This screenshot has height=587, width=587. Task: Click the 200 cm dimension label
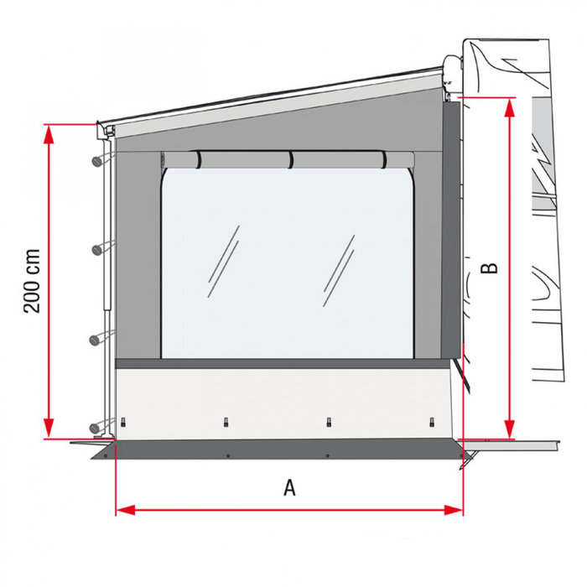pos(32,282)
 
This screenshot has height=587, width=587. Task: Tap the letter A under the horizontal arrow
pos(290,488)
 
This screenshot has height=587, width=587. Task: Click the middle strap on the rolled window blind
pos(291,159)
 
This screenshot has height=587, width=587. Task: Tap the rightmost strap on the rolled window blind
pos(383,159)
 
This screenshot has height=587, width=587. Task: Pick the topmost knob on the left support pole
pos(99,159)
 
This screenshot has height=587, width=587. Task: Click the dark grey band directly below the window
pos(285,364)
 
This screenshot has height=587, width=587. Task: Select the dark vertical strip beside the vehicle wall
pos(453,226)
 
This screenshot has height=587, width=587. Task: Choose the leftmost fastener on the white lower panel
pos(123,421)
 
